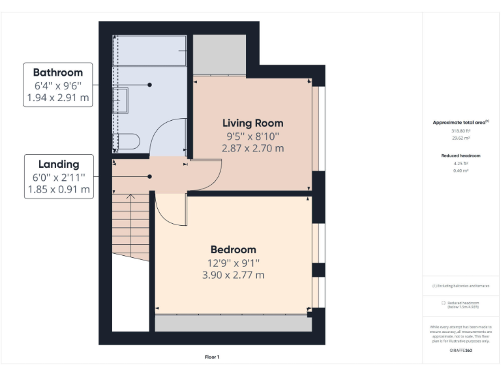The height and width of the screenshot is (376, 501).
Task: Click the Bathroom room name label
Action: tap(58, 72)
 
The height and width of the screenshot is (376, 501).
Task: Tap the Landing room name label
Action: tap(58, 164)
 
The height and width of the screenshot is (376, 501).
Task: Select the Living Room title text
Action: tap(252, 123)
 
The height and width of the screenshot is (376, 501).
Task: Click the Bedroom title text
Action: tap(233, 249)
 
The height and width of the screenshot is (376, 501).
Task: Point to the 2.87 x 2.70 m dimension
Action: tap(252, 148)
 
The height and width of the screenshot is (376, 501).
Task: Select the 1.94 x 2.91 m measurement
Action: tap(58, 98)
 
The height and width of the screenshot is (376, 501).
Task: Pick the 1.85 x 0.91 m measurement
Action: tap(58, 190)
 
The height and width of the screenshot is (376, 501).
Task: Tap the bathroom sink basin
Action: tap(121, 101)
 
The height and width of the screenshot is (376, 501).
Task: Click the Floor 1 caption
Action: tap(212, 357)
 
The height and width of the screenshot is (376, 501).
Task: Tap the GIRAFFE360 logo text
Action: tap(461, 351)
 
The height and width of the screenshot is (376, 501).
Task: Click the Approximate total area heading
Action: tap(460, 123)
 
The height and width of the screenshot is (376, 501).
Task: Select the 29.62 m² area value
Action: tap(461, 138)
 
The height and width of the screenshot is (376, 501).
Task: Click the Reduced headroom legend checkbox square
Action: tap(444, 303)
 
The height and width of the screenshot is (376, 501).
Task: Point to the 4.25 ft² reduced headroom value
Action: tap(461, 163)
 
